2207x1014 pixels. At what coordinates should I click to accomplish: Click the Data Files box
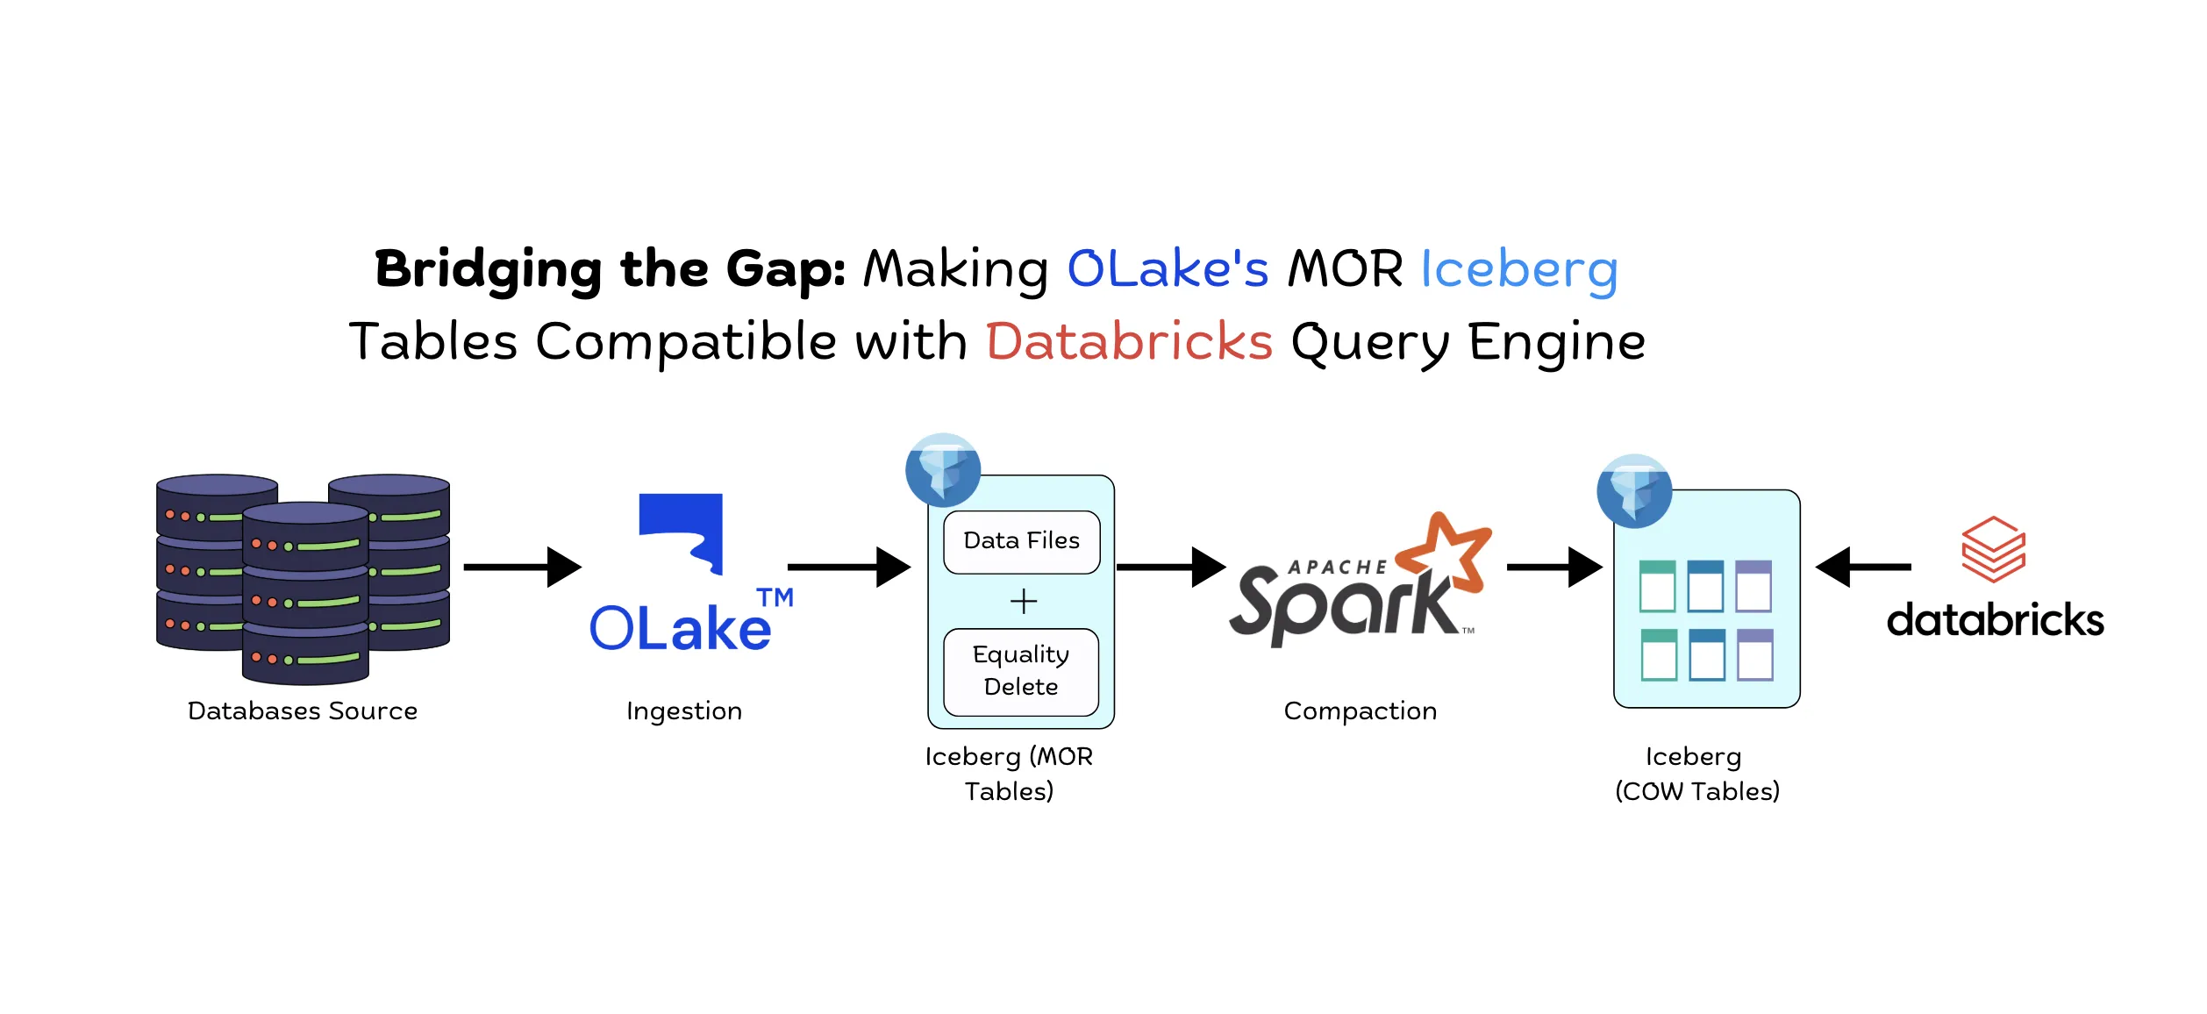click(1021, 541)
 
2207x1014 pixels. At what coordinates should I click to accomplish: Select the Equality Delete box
click(1021, 671)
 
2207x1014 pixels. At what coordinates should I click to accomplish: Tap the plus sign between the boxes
click(1023, 602)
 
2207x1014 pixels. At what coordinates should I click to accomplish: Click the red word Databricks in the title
click(1129, 341)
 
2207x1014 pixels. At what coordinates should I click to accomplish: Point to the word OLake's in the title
click(1168, 268)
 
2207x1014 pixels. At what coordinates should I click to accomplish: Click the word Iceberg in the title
click(1518, 268)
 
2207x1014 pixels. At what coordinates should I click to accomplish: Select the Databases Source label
click(303, 711)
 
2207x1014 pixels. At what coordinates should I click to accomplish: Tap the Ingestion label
click(684, 711)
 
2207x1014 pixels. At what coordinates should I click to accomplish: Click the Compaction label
click(1360, 711)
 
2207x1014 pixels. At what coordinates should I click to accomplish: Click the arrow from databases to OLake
click(523, 568)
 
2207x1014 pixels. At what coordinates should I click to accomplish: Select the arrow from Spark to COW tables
click(1553, 568)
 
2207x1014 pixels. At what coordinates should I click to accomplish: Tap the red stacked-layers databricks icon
click(1993, 550)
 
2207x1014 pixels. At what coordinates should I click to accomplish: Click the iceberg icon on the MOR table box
click(943, 470)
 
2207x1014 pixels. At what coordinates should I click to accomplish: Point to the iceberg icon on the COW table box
click(1634, 491)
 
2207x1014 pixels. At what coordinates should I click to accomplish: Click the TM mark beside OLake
click(775, 598)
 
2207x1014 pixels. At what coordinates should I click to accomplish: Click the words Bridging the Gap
click(610, 268)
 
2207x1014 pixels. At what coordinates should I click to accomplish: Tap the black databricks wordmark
click(1995, 620)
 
